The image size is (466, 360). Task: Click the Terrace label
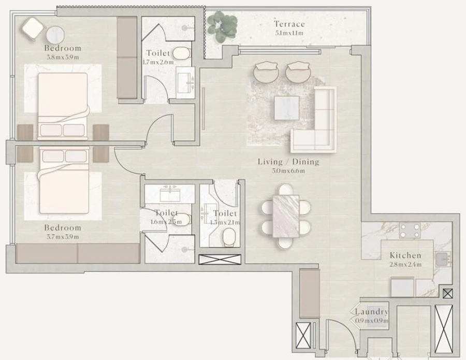click(x=289, y=24)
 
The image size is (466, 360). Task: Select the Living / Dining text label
click(x=288, y=162)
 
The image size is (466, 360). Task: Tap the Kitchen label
click(x=405, y=255)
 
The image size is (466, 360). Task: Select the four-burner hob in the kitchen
click(x=410, y=230)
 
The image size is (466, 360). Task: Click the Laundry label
click(x=372, y=312)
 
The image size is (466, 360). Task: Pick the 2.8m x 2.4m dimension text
click(x=405, y=265)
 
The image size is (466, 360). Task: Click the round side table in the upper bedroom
click(x=55, y=35)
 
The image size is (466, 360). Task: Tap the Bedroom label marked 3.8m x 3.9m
click(x=63, y=48)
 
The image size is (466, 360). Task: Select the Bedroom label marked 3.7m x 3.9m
click(x=63, y=228)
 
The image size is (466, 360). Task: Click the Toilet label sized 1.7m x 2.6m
click(x=158, y=53)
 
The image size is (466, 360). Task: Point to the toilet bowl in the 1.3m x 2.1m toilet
click(x=228, y=237)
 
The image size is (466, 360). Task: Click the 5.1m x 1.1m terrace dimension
click(x=289, y=33)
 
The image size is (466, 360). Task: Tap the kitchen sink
click(x=443, y=259)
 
